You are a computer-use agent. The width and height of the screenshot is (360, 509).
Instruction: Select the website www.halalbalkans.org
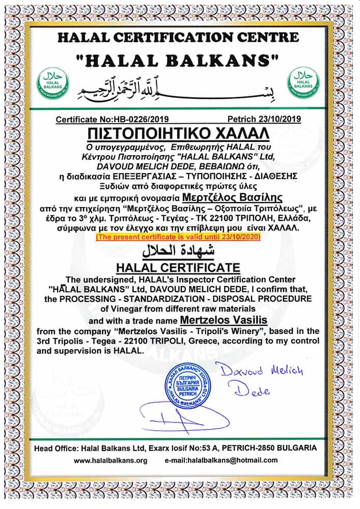click(110, 461)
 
